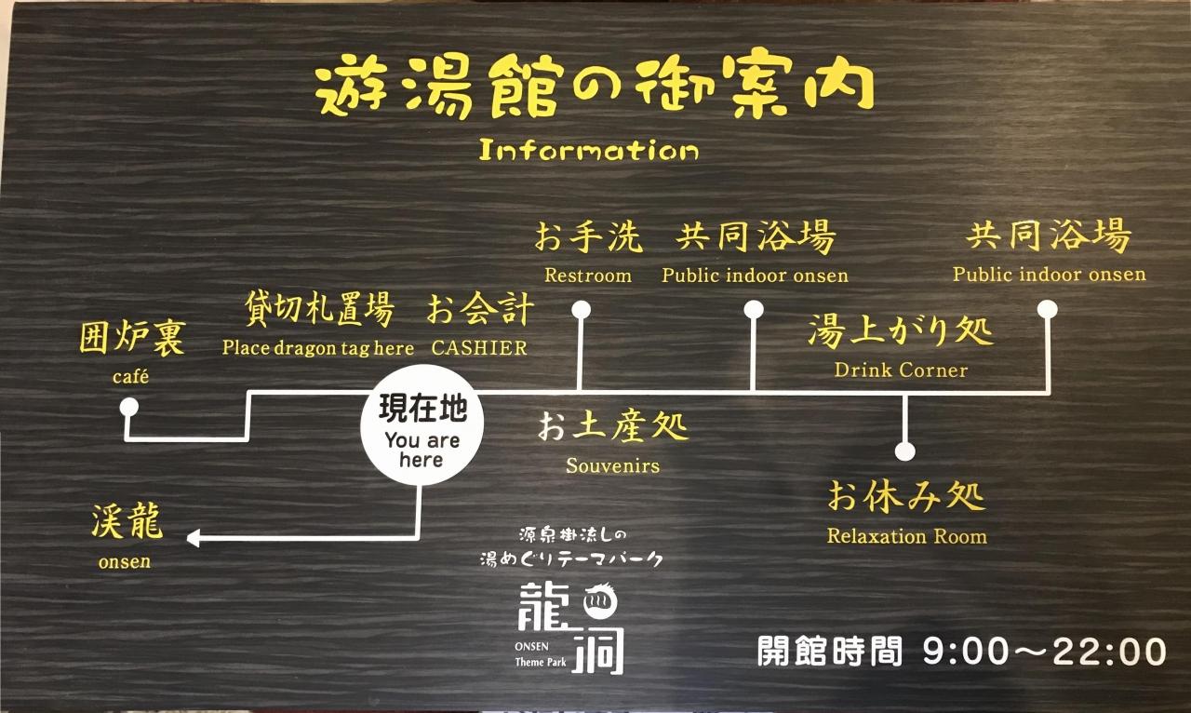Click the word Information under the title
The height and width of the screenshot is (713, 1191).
pos(589,150)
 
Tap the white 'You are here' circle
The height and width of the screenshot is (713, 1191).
pos(422,424)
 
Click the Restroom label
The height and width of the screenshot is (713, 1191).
pos(588,276)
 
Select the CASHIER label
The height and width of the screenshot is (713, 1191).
pos(479,347)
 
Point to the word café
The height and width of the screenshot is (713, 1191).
pos(130,377)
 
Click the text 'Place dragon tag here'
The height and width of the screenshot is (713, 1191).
pos(318,348)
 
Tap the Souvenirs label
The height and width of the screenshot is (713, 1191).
pos(612,465)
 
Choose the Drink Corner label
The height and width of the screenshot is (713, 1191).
pos(901,370)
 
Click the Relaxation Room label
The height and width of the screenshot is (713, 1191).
pos(907,536)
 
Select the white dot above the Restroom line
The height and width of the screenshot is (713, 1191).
pos(581,309)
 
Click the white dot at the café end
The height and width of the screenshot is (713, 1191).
pos(128,408)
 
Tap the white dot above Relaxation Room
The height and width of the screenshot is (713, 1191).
pos(904,451)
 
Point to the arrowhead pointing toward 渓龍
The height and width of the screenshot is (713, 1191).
pos(193,538)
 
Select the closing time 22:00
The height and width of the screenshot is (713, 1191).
pos(1110,652)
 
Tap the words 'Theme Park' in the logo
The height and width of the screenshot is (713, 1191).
pos(541,663)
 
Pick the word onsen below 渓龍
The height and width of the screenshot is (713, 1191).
pos(125,561)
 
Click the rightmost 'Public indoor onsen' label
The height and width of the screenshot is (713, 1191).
pos(1049,274)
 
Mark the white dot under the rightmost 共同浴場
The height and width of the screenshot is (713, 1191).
pos(1047,309)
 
